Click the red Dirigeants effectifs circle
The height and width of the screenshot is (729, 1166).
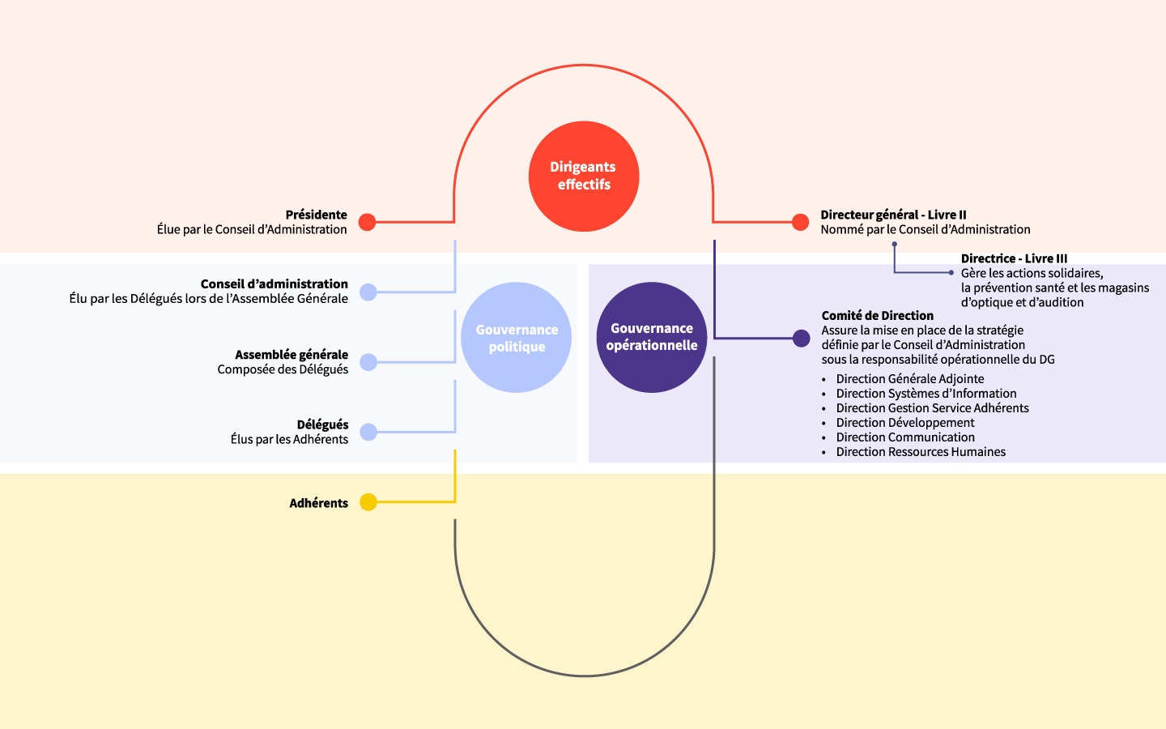(x=584, y=176)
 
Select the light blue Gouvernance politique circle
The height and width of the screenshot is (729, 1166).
(x=517, y=338)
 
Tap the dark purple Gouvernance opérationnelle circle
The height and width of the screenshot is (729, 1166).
(x=652, y=337)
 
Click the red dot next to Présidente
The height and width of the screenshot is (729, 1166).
(x=368, y=222)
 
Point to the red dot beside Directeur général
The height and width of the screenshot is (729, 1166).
(x=801, y=222)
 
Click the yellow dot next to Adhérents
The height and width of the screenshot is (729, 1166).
(x=368, y=502)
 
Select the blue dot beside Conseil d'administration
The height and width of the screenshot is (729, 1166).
(x=368, y=292)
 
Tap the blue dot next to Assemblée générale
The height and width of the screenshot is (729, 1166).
(x=368, y=362)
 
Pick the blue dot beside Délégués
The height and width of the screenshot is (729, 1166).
(x=368, y=433)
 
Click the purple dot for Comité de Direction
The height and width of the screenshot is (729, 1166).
(x=802, y=339)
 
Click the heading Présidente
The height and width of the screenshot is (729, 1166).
(x=316, y=215)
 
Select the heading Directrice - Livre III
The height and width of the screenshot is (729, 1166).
(x=1014, y=258)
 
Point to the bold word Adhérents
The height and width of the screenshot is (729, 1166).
(x=319, y=503)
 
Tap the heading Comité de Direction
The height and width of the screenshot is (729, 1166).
(x=878, y=316)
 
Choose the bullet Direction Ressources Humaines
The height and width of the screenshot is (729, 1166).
(x=921, y=452)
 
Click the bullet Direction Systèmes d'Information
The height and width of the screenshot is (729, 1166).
(x=926, y=394)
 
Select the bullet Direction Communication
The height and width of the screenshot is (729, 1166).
(x=905, y=437)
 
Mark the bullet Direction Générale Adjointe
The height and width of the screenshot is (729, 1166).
(x=910, y=379)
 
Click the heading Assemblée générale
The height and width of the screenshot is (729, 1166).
(x=291, y=355)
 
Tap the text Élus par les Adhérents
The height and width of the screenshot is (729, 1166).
(x=289, y=440)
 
